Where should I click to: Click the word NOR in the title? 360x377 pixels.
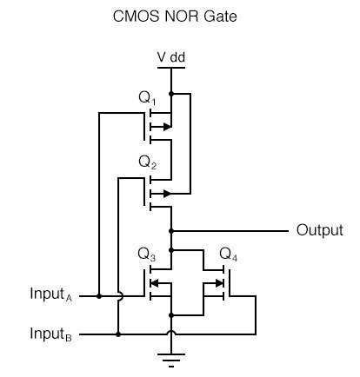(x=182, y=17)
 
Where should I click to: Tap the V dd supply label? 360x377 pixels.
(x=171, y=57)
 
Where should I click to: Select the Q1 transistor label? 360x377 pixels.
(x=147, y=98)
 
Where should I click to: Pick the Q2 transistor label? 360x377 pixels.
(x=148, y=162)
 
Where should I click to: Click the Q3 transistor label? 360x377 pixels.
(x=147, y=255)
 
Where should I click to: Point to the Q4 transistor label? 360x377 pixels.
(x=229, y=255)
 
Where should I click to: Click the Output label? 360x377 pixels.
(x=320, y=230)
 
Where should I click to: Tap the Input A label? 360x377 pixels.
(x=51, y=294)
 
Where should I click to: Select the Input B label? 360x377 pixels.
(x=51, y=334)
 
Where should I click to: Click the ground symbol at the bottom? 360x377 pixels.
(x=171, y=360)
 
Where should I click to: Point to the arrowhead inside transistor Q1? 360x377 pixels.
(x=167, y=127)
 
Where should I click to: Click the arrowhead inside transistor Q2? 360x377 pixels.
(x=167, y=194)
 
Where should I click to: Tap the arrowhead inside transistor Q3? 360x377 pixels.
(x=155, y=283)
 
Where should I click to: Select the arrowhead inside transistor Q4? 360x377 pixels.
(x=220, y=283)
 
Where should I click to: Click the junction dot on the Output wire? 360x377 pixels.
(x=171, y=231)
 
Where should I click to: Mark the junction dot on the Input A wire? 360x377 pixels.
(x=99, y=296)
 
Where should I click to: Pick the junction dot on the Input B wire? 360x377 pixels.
(x=118, y=334)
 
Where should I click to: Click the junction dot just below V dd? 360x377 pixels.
(x=171, y=94)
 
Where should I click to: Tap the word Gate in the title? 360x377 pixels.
(x=220, y=17)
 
